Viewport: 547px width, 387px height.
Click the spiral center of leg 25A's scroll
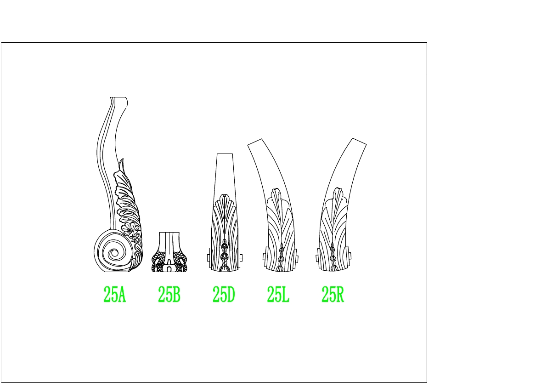[x=114, y=253]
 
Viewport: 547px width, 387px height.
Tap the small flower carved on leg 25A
[x=130, y=230]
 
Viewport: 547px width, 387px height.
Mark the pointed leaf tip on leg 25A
[x=122, y=160]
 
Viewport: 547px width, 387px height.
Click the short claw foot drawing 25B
[x=169, y=252]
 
